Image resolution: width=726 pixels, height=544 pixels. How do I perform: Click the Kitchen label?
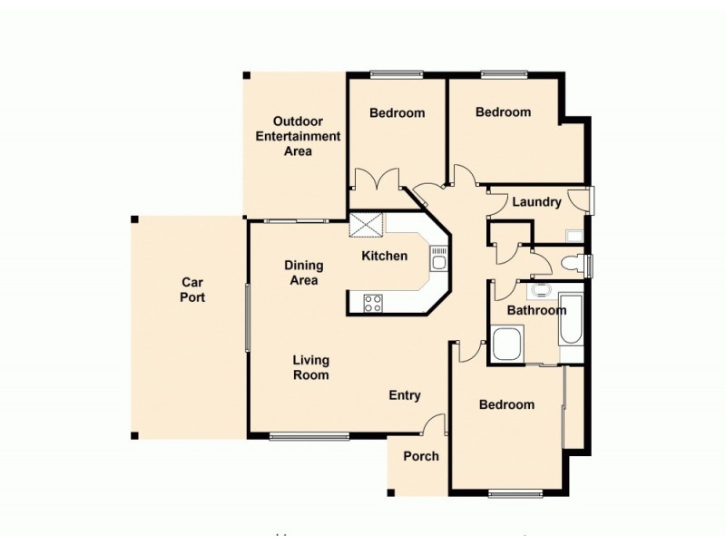click(385, 256)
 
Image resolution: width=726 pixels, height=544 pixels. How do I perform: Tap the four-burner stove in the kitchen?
click(372, 303)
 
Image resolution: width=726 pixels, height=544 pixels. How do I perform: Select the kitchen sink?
click(438, 263)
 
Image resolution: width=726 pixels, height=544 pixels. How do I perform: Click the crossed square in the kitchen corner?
click(367, 224)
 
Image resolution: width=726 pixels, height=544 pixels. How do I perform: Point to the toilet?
click(572, 264)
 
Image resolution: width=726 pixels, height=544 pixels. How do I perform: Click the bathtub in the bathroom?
click(571, 319)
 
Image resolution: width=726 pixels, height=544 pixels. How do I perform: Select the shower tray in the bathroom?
click(506, 345)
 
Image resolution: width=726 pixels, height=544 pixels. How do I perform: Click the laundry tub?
click(574, 237)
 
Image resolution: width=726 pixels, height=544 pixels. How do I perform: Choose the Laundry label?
click(536, 202)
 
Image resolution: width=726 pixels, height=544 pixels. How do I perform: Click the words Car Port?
click(191, 289)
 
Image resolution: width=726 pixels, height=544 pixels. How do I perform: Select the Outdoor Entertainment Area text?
click(298, 136)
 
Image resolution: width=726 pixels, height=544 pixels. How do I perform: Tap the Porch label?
click(421, 456)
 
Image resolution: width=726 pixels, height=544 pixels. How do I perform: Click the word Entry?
click(405, 395)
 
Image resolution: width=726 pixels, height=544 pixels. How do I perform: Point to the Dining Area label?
click(303, 273)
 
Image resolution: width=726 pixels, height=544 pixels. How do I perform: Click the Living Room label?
click(310, 367)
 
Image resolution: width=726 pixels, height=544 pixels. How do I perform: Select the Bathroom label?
click(536, 310)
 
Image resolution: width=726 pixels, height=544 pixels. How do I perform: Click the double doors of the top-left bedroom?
click(377, 179)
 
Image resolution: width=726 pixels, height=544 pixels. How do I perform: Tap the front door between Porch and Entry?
click(436, 423)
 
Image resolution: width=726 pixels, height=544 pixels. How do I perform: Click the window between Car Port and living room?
click(247, 317)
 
